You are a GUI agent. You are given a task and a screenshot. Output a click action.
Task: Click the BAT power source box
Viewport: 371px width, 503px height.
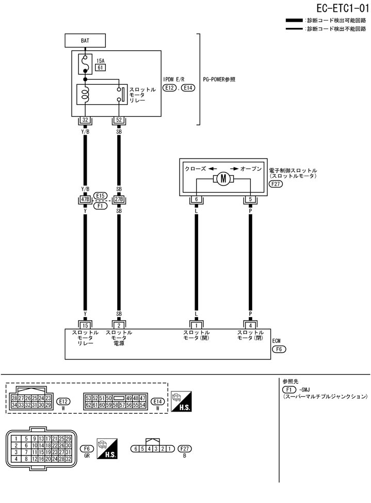(x=85, y=40)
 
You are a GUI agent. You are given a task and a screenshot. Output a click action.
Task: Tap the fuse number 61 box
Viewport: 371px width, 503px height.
(x=101, y=68)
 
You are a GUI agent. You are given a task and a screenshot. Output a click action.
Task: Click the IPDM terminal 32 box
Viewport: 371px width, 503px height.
(x=85, y=121)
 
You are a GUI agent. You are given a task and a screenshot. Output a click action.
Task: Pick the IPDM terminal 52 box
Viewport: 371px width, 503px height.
(x=119, y=121)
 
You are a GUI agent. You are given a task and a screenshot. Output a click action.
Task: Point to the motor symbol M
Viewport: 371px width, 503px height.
(x=223, y=179)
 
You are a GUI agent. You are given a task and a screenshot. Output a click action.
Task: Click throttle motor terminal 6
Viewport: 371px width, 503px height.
(x=196, y=199)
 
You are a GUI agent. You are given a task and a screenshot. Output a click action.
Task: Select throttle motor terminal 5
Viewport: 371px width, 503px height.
(x=250, y=199)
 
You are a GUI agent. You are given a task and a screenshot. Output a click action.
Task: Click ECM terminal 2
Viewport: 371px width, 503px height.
(x=119, y=324)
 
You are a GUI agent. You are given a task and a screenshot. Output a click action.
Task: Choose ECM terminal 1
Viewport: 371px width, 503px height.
(x=196, y=324)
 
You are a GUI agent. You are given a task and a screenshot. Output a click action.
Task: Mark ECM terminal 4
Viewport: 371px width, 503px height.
(x=250, y=324)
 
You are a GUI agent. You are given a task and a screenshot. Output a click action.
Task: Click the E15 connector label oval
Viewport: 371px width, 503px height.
(x=101, y=196)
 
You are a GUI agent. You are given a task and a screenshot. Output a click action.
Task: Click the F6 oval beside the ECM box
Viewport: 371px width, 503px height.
(x=279, y=349)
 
